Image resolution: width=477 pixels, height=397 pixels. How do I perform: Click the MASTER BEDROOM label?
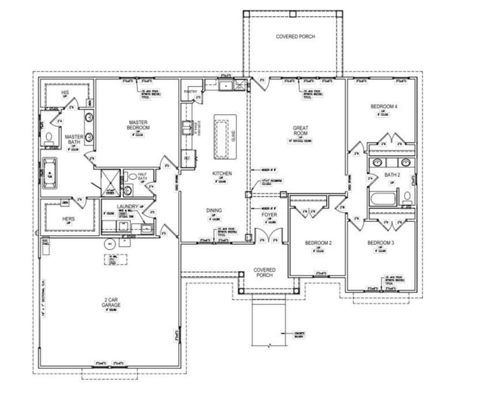coord(138,125)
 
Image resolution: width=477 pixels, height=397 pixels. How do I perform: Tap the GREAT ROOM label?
coord(300,130)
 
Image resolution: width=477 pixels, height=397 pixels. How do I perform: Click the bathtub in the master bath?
coord(49,173)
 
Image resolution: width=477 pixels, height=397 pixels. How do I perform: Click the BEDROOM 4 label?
coord(383,107)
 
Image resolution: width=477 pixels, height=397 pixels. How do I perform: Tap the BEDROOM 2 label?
coord(318,243)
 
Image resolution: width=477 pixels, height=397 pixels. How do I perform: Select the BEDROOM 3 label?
coord(380,243)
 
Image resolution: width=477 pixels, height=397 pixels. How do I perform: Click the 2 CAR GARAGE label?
coord(111,302)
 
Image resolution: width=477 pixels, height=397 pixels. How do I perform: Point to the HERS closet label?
coord(69,219)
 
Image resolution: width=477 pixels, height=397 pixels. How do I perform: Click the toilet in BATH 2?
coord(407,196)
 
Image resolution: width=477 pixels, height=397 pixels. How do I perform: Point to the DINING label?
coord(214,210)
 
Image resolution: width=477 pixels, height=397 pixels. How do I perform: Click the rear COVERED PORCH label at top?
coord(295,37)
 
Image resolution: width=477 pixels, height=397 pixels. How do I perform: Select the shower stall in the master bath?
coord(110,182)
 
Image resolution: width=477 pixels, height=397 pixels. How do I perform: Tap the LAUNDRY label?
coord(127,207)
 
